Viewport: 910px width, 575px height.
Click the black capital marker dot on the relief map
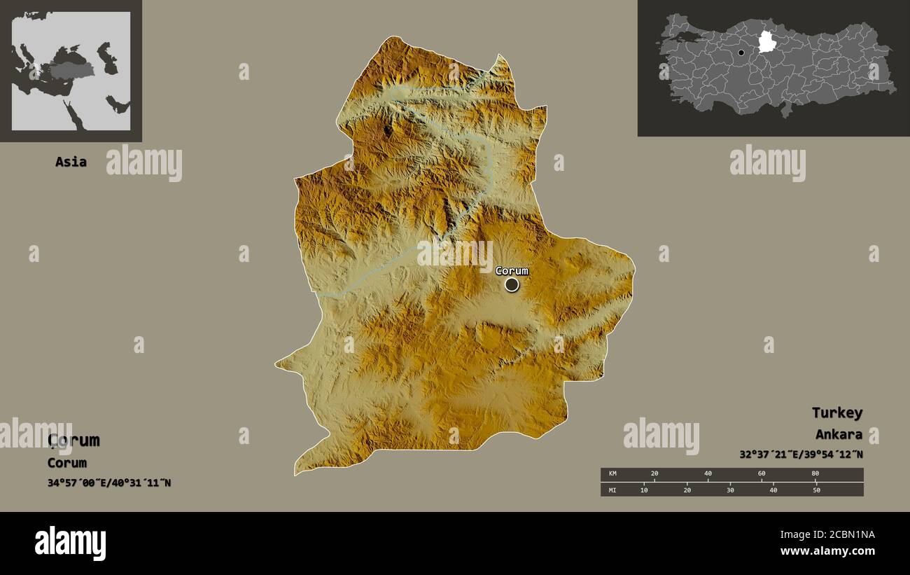[512, 284]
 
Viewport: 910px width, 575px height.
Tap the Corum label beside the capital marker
[512, 271]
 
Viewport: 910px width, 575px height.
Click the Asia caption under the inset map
[71, 162]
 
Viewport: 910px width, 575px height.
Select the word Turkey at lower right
[837, 413]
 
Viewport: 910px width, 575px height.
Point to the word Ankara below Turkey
[839, 434]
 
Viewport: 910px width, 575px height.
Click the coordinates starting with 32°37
[801, 455]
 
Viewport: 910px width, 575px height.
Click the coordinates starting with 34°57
[109, 483]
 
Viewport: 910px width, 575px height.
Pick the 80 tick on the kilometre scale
[815, 474]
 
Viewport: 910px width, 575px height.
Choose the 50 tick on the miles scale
[816, 490]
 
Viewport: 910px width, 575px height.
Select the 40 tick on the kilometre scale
[708, 474]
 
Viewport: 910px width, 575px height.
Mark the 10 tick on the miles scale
[644, 490]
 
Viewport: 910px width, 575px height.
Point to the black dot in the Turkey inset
[741, 53]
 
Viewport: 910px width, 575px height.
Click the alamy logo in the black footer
[70, 543]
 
